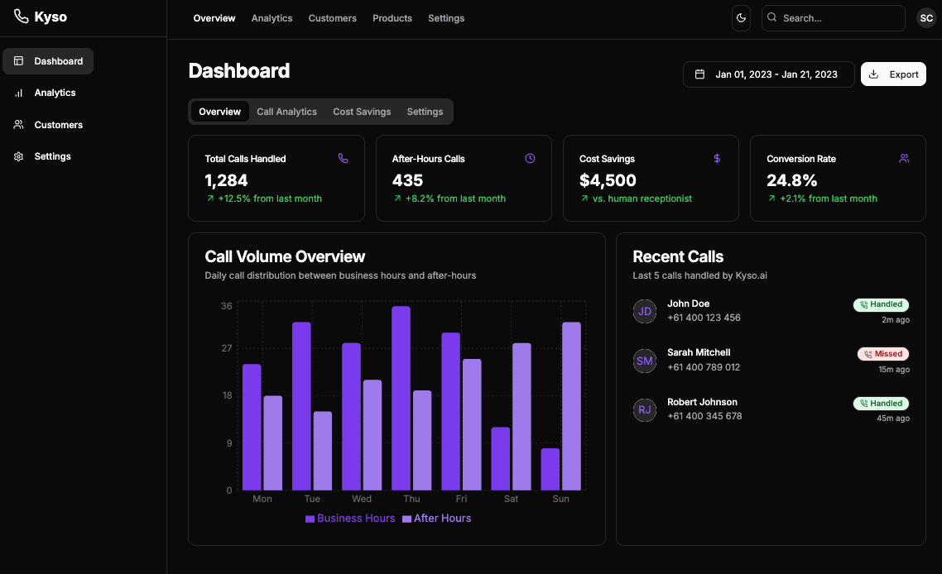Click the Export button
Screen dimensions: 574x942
pos(893,74)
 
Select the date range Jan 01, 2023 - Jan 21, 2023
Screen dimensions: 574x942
pos(768,74)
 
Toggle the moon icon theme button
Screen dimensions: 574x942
pos(741,18)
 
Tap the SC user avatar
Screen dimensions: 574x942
pos(926,18)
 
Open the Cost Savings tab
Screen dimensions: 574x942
pos(362,112)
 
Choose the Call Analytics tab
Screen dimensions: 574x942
pos(286,112)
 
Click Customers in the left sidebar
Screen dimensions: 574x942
pos(58,125)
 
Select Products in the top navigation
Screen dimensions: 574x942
pos(392,18)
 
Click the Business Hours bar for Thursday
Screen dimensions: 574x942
pos(401,398)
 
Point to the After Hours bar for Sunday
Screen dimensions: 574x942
pos(571,406)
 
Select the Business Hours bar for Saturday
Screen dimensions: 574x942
pos(500,458)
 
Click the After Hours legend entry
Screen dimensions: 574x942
pos(436,519)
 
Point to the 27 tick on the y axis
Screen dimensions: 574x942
pos(226,348)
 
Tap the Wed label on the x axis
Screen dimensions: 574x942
pos(362,500)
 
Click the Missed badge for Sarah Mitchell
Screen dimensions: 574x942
pos(883,354)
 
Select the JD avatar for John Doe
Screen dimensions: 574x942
pos(645,311)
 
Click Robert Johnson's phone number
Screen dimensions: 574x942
pos(704,416)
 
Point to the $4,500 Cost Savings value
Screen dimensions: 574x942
pos(608,180)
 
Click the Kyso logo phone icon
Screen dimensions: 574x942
pos(21,17)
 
